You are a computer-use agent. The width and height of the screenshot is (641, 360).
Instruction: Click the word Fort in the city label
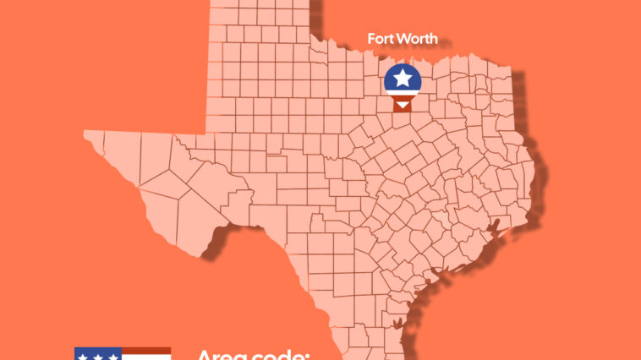click(381, 39)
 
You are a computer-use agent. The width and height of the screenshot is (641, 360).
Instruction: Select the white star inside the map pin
click(403, 79)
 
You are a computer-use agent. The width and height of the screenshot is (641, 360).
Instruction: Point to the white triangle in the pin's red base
click(403, 104)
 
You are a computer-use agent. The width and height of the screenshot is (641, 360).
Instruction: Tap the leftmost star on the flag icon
click(83, 357)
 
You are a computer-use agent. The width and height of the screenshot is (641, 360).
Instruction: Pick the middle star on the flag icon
click(97, 357)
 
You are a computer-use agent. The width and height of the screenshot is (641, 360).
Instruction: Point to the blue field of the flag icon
click(97, 354)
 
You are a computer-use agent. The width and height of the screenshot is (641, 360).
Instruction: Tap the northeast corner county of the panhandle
click(300, 7)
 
